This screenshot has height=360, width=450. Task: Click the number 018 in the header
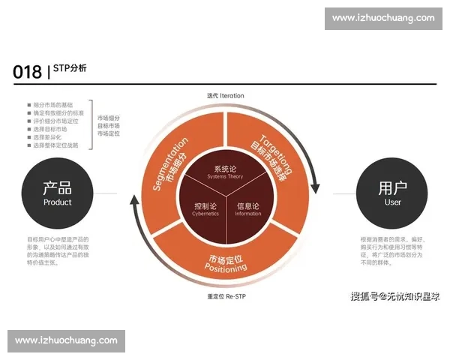pos(27,72)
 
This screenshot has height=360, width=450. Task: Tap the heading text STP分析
pos(70,68)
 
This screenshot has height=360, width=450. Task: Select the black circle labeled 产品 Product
pos(57,193)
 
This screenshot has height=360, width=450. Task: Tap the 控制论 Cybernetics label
pos(204,208)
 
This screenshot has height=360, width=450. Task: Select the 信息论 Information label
pos(248,208)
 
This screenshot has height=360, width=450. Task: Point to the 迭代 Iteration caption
pos(226,96)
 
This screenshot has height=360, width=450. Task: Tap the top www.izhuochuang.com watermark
pos(383,18)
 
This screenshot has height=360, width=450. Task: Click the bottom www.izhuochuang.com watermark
pos(66,340)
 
